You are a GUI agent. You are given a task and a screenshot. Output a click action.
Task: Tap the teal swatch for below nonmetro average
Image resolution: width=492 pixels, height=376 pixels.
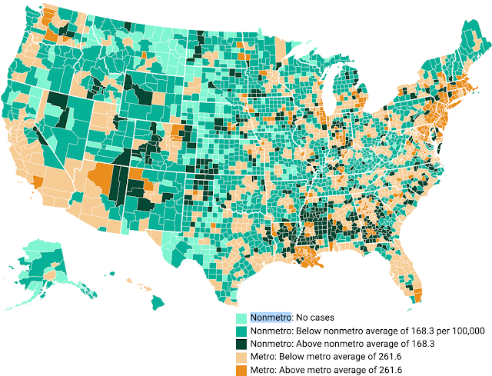tap(241, 331)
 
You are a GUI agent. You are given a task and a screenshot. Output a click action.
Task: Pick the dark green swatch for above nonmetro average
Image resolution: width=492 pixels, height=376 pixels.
tap(241, 344)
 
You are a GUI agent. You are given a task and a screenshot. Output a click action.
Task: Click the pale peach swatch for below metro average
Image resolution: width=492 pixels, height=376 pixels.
tap(241, 357)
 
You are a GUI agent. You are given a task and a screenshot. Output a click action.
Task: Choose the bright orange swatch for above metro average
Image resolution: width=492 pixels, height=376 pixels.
tap(241, 370)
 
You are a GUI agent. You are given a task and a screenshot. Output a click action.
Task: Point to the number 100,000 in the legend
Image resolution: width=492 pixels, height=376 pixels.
tap(462, 331)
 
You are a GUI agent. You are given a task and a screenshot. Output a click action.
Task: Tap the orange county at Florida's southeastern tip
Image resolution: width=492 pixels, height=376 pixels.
tap(417, 294)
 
